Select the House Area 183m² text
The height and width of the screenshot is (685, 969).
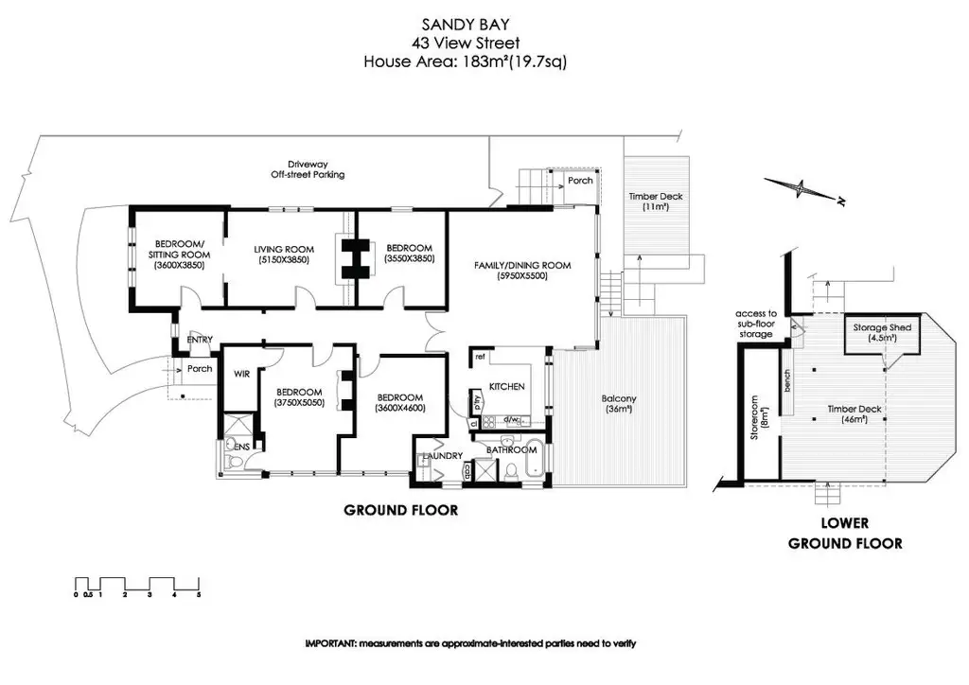pyautogui.click(x=465, y=62)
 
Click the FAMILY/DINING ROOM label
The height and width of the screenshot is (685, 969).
pyautogui.click(x=522, y=266)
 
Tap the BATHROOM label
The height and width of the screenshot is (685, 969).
pyautogui.click(x=512, y=449)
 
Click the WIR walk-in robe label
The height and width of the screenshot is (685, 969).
pyautogui.click(x=239, y=374)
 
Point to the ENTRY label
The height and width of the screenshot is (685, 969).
pyautogui.click(x=200, y=340)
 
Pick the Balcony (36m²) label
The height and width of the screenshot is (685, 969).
pyautogui.click(x=620, y=404)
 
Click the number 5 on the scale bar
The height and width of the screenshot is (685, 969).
pyautogui.click(x=199, y=595)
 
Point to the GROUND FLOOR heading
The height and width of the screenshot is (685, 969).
pyautogui.click(x=400, y=510)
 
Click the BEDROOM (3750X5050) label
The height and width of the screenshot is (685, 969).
pyautogui.click(x=299, y=397)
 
